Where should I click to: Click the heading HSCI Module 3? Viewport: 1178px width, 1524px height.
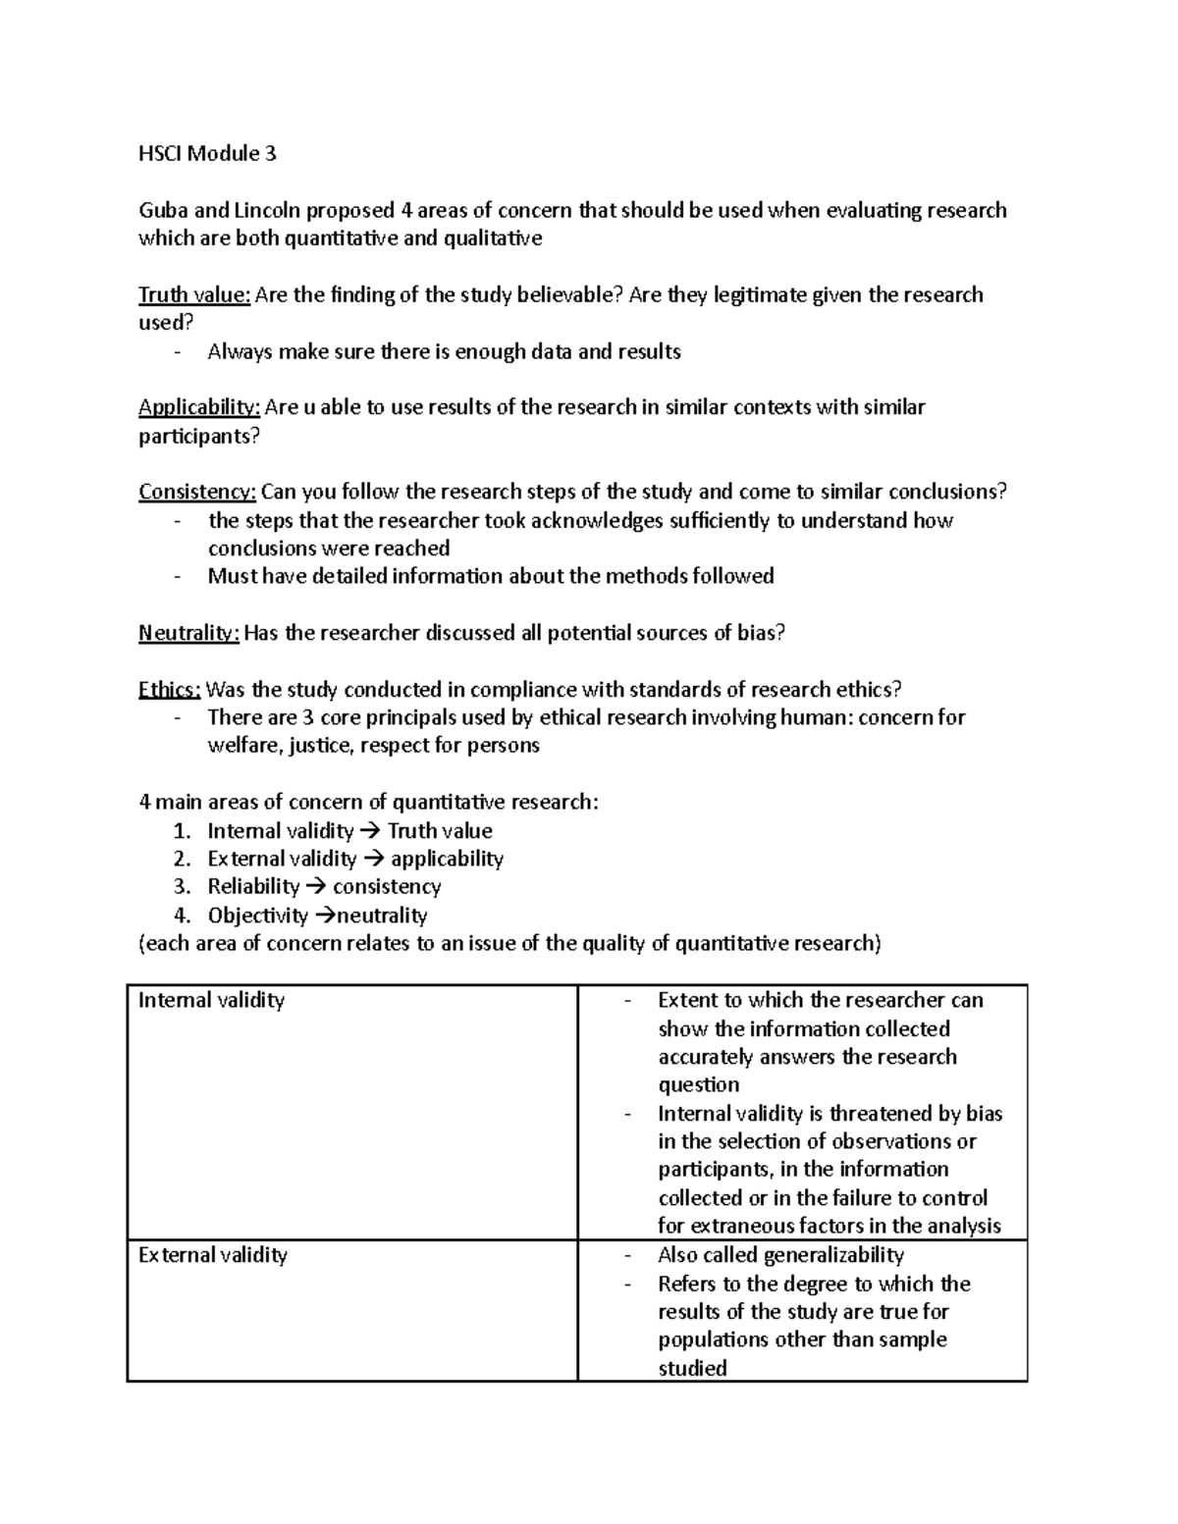coord(207,153)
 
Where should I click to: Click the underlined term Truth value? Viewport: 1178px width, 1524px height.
coord(194,295)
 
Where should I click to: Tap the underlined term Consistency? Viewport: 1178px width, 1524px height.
coord(197,492)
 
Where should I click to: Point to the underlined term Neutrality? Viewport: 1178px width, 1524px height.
coord(188,633)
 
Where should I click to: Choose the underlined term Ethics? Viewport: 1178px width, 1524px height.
coord(169,690)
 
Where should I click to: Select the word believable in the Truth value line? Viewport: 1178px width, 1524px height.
coord(568,295)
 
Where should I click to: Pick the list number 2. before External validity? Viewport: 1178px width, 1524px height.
coord(182,859)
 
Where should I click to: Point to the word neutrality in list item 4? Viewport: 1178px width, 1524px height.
coord(382,916)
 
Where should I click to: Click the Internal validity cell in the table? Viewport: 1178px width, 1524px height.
coord(212,1000)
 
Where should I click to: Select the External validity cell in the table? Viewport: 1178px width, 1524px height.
coord(213,1255)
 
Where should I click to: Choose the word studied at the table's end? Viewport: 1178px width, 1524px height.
coord(692,1368)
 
